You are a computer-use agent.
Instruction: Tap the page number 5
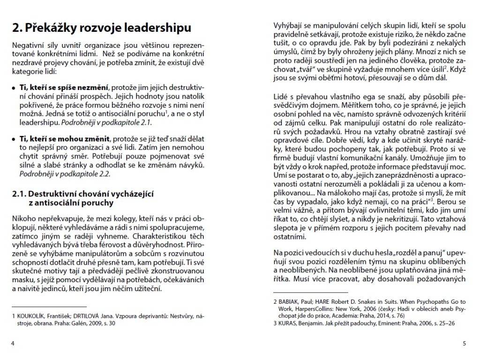[464, 344]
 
